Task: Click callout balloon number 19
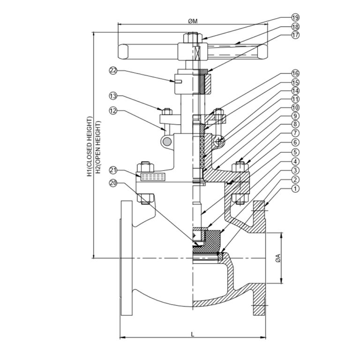[x=294, y=18]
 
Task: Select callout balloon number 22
[x=112, y=71]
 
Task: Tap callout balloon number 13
[x=112, y=96]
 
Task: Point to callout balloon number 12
[x=112, y=111]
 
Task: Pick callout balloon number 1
[x=294, y=189]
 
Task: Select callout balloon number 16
[x=294, y=74]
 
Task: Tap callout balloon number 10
[x=294, y=107]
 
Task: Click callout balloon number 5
[x=294, y=152]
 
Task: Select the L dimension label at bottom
[x=193, y=333]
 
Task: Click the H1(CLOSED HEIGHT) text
[x=89, y=146]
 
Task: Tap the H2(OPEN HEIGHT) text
[x=98, y=146]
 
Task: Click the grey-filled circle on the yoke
[x=166, y=141]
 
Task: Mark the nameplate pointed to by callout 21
[x=150, y=176]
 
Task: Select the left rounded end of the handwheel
[x=123, y=50]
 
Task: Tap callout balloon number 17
[x=294, y=35]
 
